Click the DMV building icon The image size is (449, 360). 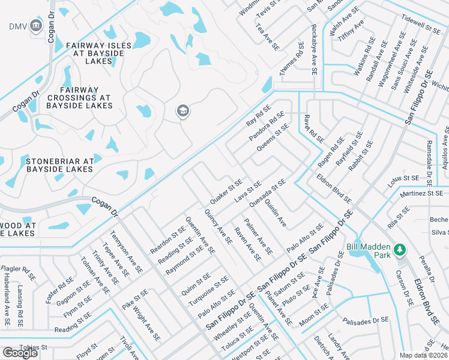35,26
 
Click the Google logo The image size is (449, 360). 20,353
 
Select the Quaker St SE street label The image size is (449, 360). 226,190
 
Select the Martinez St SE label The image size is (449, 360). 421,194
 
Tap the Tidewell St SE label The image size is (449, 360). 421,25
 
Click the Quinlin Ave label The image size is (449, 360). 275,213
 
